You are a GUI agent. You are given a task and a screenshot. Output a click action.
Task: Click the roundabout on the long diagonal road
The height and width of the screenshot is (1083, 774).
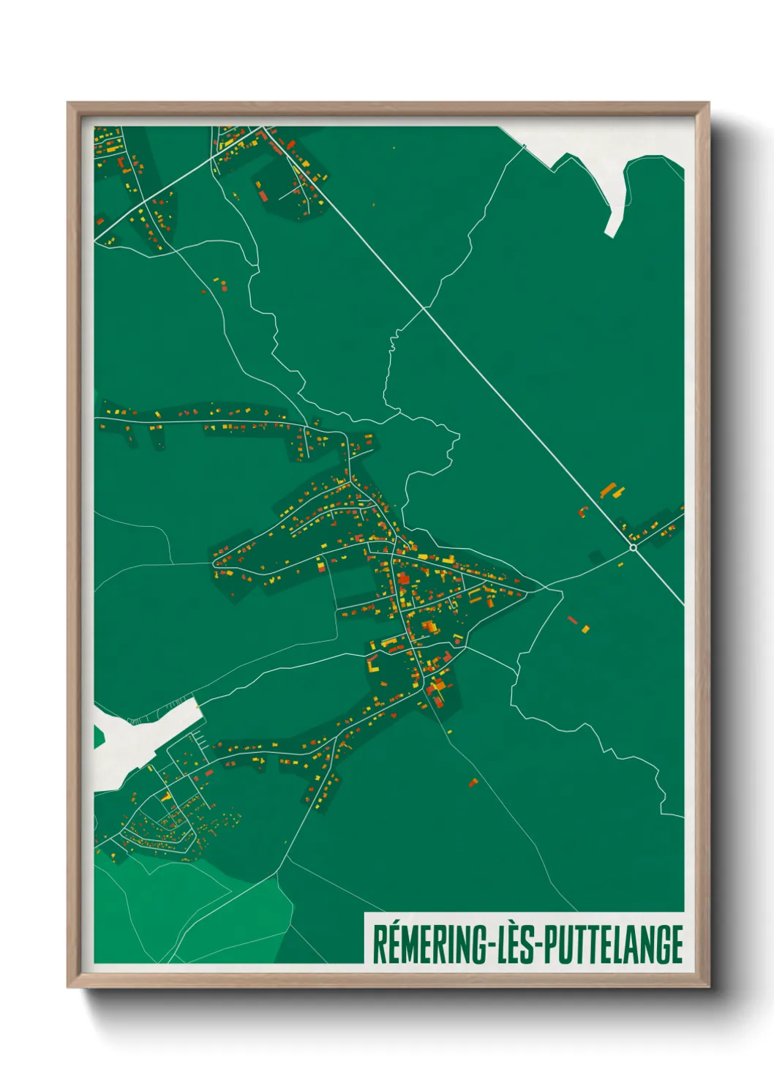[633, 547]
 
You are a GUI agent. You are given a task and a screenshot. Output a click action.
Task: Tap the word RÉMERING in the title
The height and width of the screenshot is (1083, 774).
[428, 944]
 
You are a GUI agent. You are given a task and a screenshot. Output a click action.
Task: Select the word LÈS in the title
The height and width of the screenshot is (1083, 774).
[516, 944]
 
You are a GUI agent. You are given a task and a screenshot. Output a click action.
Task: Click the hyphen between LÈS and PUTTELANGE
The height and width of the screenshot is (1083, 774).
[540, 945]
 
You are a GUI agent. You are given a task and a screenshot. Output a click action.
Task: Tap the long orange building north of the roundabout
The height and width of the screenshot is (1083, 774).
[608, 489]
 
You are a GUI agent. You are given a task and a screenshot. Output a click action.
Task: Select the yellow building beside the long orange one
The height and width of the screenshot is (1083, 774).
[620, 492]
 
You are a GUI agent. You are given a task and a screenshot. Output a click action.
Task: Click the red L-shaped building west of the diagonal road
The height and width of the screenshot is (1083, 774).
[583, 511]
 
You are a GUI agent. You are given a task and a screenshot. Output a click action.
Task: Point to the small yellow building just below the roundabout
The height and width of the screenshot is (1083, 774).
[620, 564]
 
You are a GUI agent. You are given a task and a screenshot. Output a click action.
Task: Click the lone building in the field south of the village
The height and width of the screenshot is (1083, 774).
[473, 783]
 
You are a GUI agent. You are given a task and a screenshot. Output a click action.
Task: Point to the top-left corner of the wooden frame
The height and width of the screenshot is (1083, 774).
[69, 104]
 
